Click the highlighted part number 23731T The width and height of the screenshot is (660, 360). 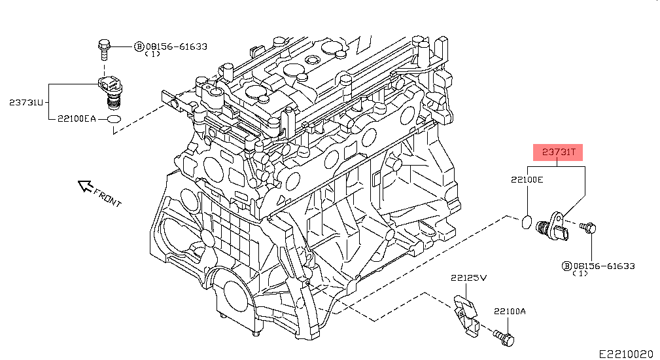[x=558, y=152]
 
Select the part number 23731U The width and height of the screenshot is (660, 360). [x=26, y=102]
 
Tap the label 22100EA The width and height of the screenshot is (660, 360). [x=77, y=118]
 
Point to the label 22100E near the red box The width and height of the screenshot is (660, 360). [x=527, y=180]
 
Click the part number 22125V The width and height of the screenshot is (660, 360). [x=468, y=278]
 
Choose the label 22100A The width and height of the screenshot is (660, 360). [x=510, y=312]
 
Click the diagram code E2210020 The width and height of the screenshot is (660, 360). [x=626, y=353]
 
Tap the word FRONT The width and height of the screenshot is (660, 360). [x=107, y=198]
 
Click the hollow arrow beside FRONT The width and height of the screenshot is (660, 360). [x=86, y=186]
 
